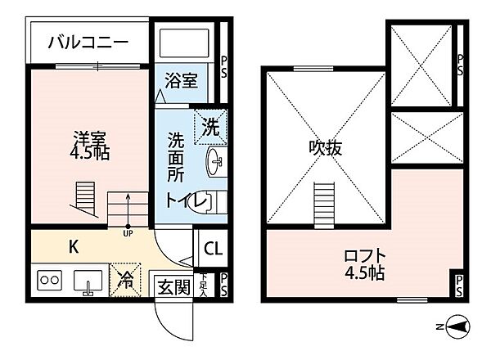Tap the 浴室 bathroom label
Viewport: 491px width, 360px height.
click(181, 81)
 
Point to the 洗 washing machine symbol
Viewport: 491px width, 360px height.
click(209, 128)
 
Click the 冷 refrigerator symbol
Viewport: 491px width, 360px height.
click(127, 280)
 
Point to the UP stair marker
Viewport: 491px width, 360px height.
click(128, 234)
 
